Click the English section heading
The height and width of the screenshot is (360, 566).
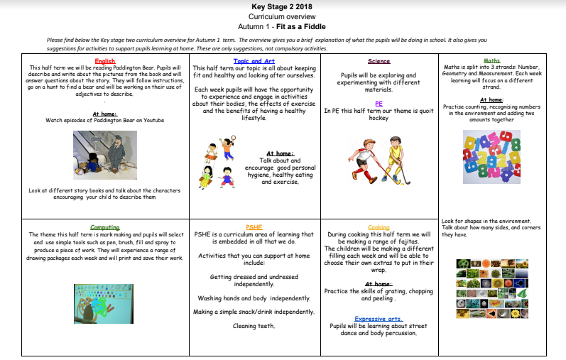104,61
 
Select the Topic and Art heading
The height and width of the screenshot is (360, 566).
254,61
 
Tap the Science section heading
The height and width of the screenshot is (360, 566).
379,61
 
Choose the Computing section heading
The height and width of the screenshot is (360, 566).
104,227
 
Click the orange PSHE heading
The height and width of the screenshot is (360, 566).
254,227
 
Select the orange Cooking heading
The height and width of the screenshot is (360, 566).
379,227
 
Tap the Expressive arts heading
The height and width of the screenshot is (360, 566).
379,319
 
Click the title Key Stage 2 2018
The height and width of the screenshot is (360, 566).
283,6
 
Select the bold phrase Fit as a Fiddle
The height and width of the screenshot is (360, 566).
307,26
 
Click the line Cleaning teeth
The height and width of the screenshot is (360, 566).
254,326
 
